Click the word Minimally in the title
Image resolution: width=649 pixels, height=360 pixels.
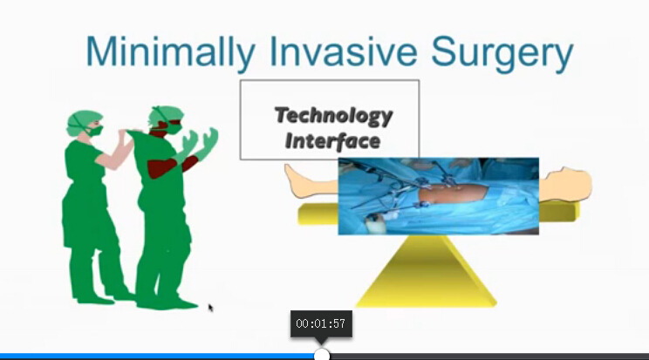(x=170, y=52)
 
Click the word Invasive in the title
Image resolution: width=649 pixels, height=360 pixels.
(x=343, y=51)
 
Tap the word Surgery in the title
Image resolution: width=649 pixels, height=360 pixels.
(x=502, y=53)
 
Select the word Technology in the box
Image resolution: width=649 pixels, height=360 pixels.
(x=333, y=115)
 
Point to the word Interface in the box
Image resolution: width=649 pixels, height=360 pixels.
(x=332, y=140)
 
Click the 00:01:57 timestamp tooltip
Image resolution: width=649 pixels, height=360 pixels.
(x=321, y=323)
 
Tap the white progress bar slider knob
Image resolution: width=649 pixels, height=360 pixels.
(x=322, y=355)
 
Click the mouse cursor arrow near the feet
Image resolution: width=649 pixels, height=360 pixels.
(x=211, y=308)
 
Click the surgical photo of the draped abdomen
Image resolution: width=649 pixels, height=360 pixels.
(x=438, y=196)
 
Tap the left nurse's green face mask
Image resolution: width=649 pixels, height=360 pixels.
(x=95, y=131)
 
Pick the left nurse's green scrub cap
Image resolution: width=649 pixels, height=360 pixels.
(x=82, y=121)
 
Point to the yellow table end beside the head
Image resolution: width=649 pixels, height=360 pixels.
(x=557, y=212)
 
